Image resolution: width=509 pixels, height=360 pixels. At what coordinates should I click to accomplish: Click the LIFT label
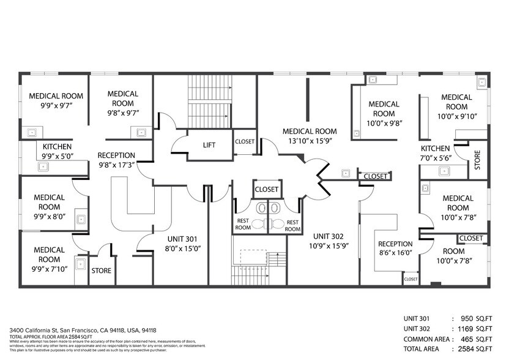coord(209,145)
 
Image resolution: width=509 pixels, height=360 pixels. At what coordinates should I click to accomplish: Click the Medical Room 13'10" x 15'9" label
coord(309,137)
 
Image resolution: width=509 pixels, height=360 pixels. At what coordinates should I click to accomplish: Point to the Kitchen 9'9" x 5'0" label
coord(56,152)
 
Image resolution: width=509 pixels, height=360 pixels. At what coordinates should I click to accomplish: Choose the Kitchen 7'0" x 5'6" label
coord(435,154)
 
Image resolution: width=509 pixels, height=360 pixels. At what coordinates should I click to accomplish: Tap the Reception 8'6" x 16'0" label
coord(395,248)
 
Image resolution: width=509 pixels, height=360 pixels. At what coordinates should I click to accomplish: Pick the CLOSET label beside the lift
coord(245,141)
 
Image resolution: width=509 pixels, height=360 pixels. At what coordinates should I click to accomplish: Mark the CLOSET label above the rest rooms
coord(266,190)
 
